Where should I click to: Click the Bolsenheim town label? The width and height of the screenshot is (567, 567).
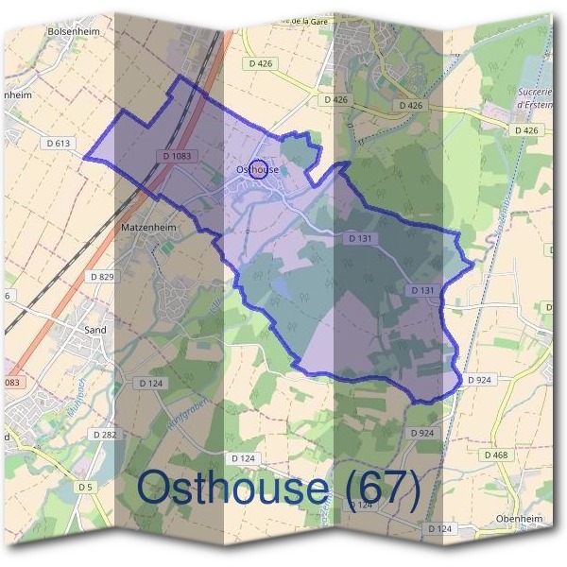click(73, 30)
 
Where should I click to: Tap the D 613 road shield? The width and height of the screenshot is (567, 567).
click(59, 144)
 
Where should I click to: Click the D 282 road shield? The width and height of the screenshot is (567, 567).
click(104, 433)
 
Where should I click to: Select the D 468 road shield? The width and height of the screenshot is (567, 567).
click(496, 455)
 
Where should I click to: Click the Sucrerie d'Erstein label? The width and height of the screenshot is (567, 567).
click(534, 98)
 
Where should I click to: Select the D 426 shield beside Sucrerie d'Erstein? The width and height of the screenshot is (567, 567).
click(529, 129)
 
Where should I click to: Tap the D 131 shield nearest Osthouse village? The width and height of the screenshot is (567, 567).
click(359, 239)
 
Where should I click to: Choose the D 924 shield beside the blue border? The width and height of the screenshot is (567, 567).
click(478, 379)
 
